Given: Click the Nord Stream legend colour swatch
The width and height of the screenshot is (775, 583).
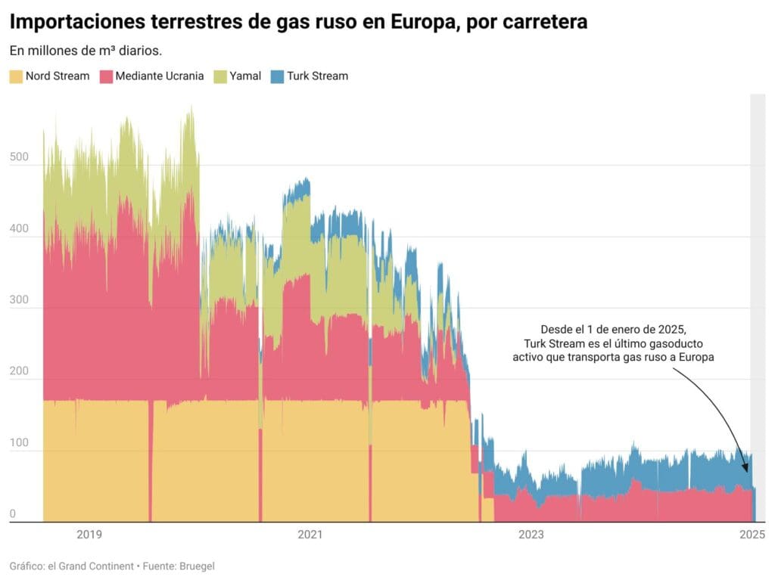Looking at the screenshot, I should coord(16,76).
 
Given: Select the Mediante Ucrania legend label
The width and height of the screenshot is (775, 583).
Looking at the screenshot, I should coord(160,76).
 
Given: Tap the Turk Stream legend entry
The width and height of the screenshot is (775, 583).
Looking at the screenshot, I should coord(317,76).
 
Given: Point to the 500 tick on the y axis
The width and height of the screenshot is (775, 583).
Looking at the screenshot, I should coord(19,157).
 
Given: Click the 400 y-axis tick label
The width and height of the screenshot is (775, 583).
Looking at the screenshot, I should coord(19,229).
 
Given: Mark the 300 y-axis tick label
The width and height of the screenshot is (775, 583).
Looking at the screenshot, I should coord(19,300).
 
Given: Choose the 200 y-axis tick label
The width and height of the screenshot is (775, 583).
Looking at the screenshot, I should coord(19,372).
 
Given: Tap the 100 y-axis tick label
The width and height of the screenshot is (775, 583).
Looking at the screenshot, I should coord(19,443).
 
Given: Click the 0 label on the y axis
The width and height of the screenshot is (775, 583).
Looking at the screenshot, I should coord(13,515).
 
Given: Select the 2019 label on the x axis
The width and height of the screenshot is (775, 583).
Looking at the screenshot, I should coord(89,535).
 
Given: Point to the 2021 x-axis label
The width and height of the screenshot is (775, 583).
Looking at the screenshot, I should coord(310,535).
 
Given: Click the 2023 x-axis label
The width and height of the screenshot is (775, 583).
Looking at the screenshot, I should coord(531,535).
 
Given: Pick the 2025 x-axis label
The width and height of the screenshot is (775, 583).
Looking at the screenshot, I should coord(752,535).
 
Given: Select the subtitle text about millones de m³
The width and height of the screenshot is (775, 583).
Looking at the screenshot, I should coord(86,51).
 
